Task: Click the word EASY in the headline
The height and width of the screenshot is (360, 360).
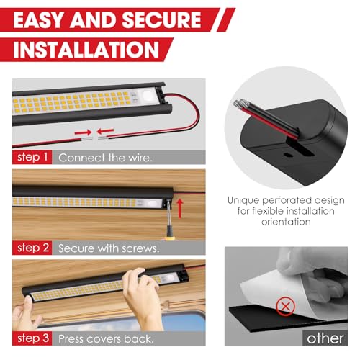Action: [x=39, y=19]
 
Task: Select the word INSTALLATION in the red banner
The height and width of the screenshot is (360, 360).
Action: [x=86, y=50]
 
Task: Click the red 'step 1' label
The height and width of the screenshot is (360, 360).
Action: [x=32, y=157]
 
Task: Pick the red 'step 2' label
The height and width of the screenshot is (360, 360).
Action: [x=32, y=248]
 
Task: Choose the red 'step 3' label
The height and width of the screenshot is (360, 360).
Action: [x=32, y=338]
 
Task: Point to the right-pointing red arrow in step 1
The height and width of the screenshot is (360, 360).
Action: [x=83, y=132]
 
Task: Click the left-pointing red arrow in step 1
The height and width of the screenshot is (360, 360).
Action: [x=105, y=131]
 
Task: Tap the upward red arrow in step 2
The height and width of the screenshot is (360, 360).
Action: [x=179, y=209]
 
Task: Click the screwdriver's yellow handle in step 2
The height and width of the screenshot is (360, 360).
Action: [x=168, y=238]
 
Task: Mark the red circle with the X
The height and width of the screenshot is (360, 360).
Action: [x=285, y=307]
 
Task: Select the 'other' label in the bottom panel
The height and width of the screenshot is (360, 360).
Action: [x=325, y=338]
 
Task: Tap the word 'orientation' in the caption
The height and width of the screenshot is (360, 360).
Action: [x=286, y=222]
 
